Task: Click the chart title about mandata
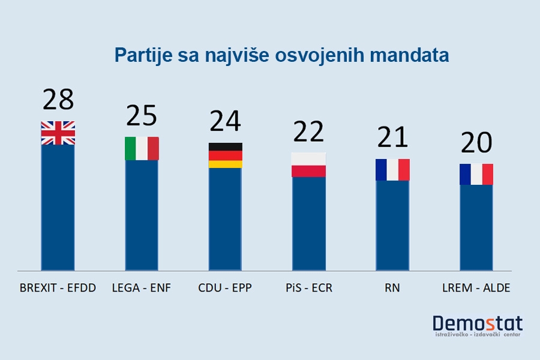tap(281, 56)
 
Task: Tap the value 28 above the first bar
tap(58, 99)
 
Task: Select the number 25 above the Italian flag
tap(141, 115)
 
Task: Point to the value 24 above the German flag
tap(225, 121)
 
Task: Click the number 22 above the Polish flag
tap(308, 131)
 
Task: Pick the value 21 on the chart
tap(392, 137)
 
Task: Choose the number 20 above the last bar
tap(476, 143)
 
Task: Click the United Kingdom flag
tap(58, 133)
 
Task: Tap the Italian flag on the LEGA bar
tap(142, 148)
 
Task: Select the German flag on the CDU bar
tap(225, 155)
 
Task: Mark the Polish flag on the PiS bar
tap(308, 164)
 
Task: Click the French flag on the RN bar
tap(392, 169)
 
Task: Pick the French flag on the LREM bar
tap(476, 174)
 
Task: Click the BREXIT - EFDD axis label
tap(58, 288)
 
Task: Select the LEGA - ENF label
tap(142, 288)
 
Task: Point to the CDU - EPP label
tap(225, 288)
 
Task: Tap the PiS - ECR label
tap(308, 288)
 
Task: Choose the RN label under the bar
tap(392, 288)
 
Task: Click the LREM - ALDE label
tap(476, 288)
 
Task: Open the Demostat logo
tap(477, 326)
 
